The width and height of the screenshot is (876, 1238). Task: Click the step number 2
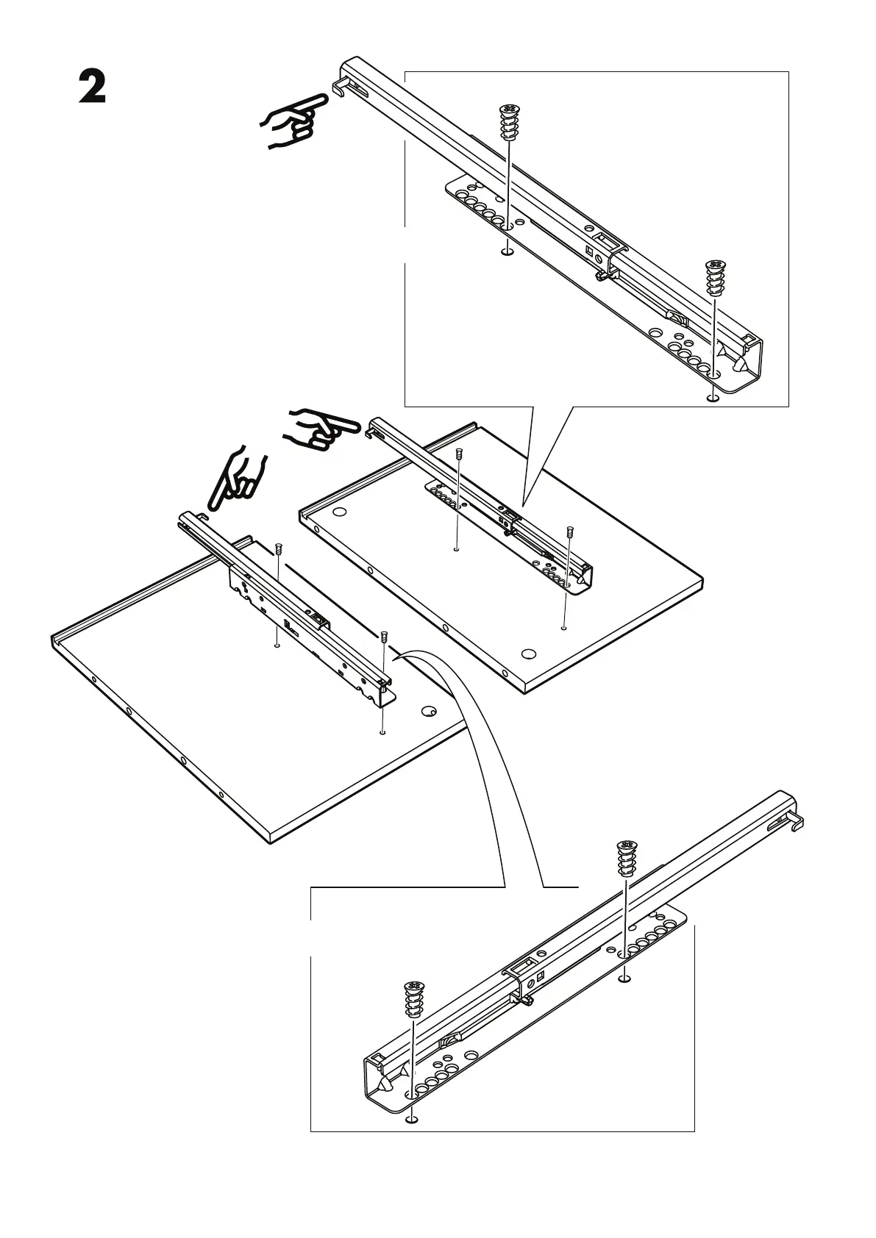(93, 88)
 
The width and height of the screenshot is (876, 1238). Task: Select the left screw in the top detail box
(508, 123)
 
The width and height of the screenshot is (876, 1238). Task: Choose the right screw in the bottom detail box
(626, 859)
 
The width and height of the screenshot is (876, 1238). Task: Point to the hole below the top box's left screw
(506, 252)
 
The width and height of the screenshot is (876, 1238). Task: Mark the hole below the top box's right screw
(711, 398)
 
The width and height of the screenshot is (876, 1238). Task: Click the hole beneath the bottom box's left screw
(412, 1140)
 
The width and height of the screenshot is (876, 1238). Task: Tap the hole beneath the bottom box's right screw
(624, 978)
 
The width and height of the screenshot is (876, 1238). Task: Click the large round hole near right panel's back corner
(339, 511)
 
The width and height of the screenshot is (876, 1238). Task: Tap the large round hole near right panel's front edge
(527, 653)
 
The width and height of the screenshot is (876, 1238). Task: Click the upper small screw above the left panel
(279, 549)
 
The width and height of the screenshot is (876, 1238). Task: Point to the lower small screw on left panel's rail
(384, 636)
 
